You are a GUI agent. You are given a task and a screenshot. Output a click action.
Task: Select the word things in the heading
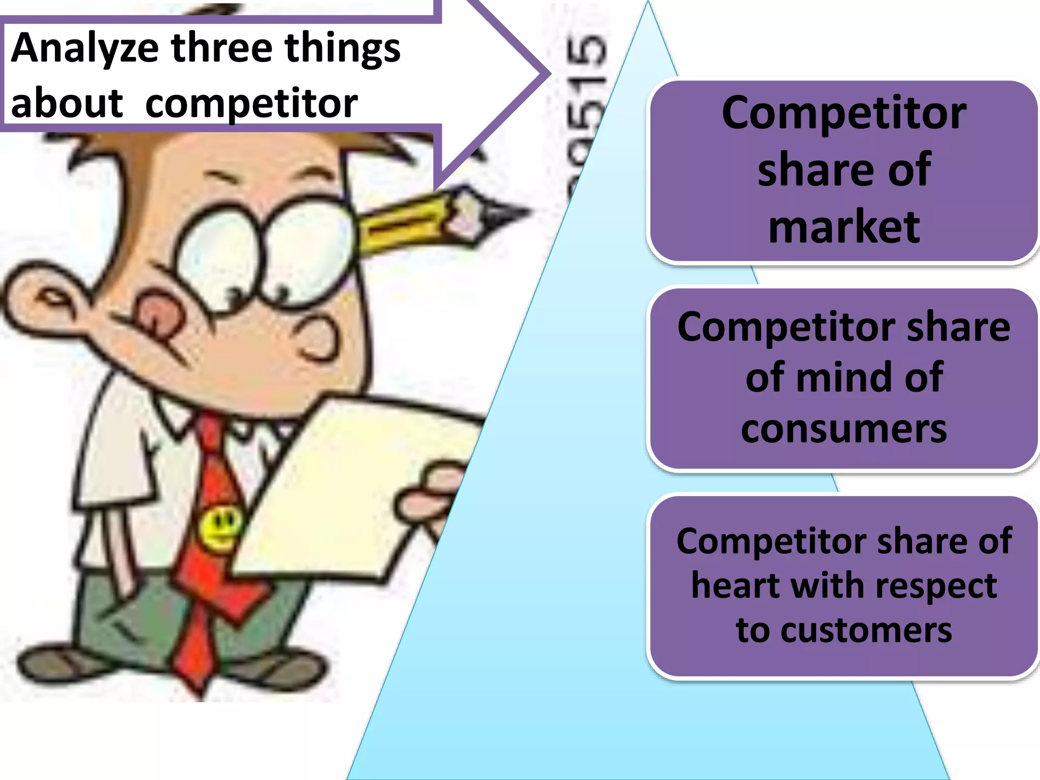[x=342, y=50]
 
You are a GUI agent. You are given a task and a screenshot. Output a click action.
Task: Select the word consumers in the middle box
[x=844, y=429]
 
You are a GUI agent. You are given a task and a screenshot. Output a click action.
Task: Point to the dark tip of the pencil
[x=508, y=213]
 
